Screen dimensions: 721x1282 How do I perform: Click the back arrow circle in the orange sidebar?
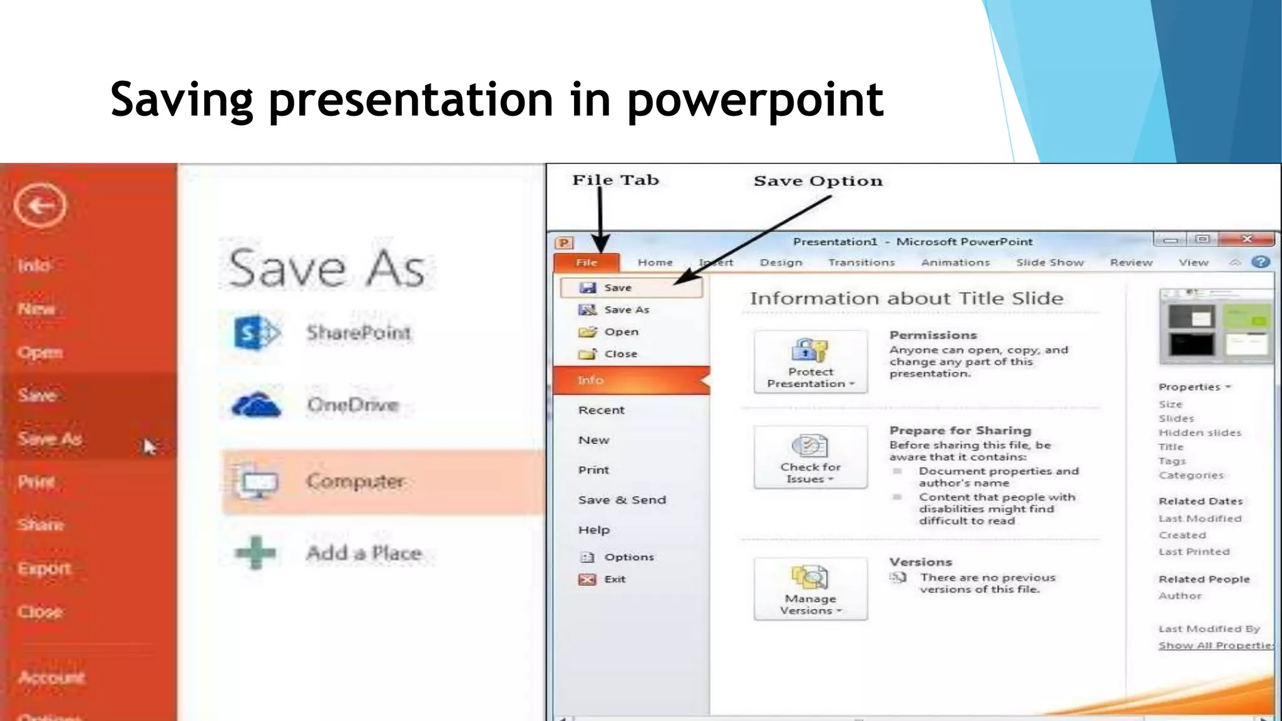[x=40, y=205]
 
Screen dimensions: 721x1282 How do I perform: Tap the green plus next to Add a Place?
[x=255, y=553]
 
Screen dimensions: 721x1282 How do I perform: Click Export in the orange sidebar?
[x=44, y=568]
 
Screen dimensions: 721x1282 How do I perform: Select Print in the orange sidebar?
[x=36, y=482]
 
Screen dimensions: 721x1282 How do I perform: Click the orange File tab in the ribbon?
[x=587, y=262]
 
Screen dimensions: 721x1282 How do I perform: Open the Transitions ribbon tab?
[x=861, y=262]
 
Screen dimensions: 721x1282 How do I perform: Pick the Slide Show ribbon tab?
[x=1050, y=262]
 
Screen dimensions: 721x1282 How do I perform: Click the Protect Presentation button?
[x=811, y=362]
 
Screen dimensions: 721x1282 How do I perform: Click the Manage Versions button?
[x=811, y=589]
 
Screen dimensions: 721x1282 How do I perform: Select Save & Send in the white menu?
[x=622, y=499]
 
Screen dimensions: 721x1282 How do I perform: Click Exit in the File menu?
[x=614, y=579]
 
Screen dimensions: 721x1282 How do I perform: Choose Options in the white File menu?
[x=628, y=557]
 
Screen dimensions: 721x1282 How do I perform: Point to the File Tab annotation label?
[x=615, y=180]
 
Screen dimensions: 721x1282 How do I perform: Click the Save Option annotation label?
[x=818, y=181]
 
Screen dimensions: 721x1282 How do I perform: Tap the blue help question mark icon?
[x=1261, y=262]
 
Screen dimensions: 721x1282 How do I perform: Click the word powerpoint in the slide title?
[x=755, y=100]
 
